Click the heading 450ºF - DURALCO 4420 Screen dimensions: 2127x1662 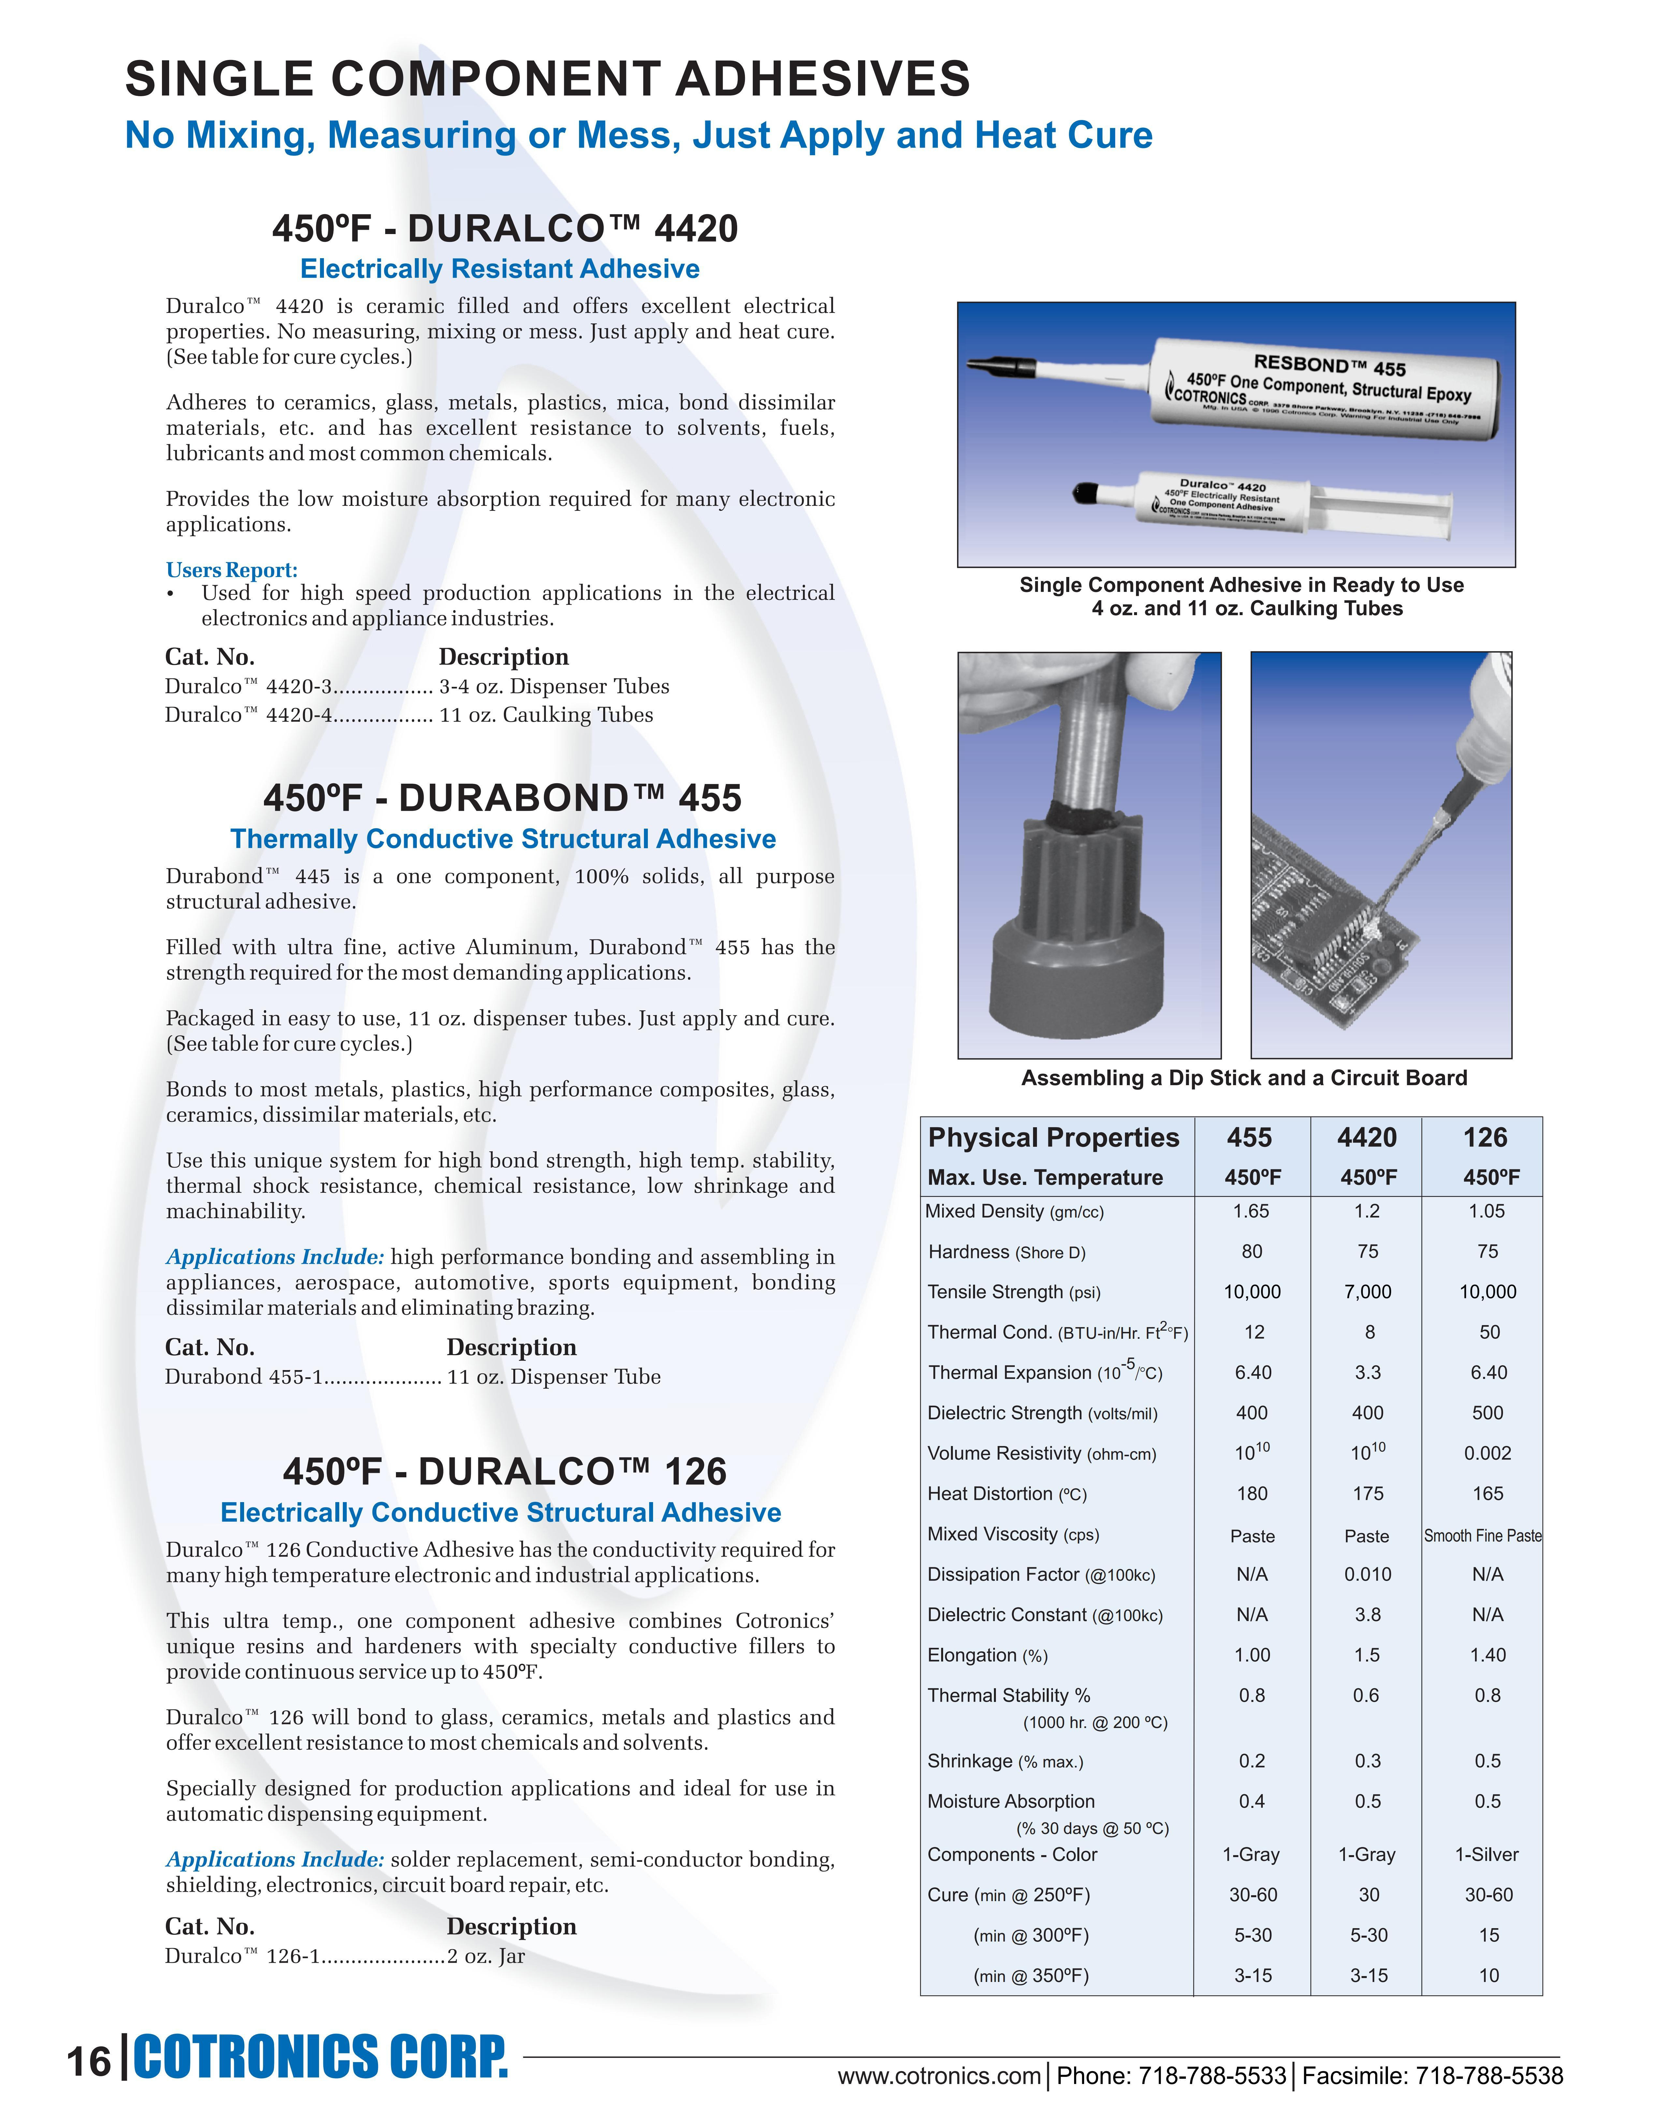504,229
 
